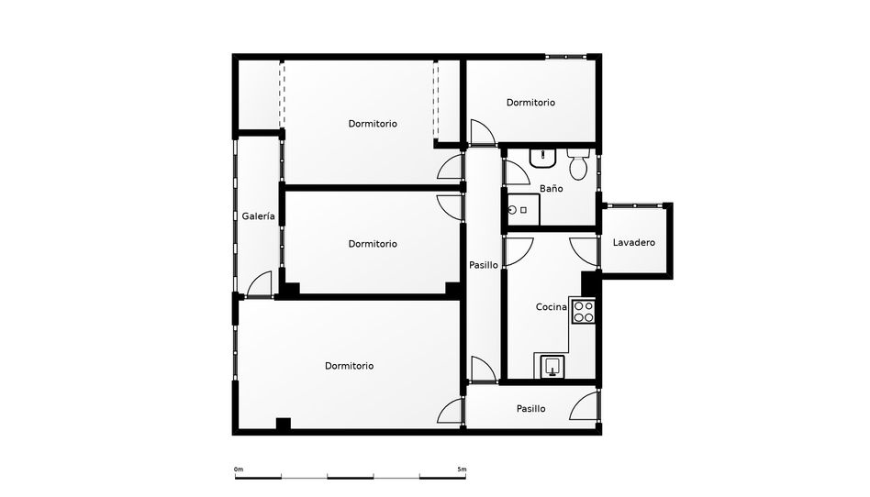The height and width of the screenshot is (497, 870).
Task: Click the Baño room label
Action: pyautogui.click(x=551, y=189)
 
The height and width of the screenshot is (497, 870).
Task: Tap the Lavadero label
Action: pyautogui.click(x=633, y=242)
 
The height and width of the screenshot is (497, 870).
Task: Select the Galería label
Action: pyautogui.click(x=258, y=216)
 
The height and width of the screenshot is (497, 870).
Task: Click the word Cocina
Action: pyautogui.click(x=551, y=307)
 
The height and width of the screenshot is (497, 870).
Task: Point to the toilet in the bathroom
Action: pyautogui.click(x=577, y=164)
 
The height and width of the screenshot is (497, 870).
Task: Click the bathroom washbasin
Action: pyautogui.click(x=542, y=158)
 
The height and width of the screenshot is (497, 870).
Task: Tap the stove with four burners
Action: pyautogui.click(x=583, y=311)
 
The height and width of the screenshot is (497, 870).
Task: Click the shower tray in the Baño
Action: pyautogui.click(x=524, y=210)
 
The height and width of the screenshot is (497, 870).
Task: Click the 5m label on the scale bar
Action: pyautogui.click(x=462, y=469)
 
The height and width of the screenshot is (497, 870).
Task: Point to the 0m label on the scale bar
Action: pyautogui.click(x=239, y=469)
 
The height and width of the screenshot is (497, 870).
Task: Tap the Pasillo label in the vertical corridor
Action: pyautogui.click(x=484, y=265)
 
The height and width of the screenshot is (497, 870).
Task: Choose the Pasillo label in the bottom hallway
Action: pyautogui.click(x=531, y=409)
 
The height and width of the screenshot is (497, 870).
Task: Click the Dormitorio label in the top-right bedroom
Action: pyautogui.click(x=530, y=103)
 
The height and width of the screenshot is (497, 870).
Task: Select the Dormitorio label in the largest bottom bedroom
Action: pyautogui.click(x=349, y=366)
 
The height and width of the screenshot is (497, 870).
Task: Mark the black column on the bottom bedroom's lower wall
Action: pyautogui.click(x=283, y=424)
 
